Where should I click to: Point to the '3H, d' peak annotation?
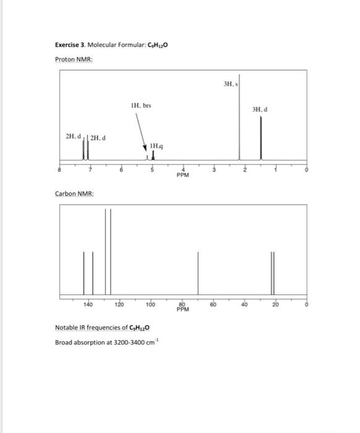pyautogui.click(x=260, y=109)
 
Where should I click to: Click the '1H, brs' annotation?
pyautogui.click(x=141, y=106)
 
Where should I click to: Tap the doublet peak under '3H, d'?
pyautogui.click(x=260, y=139)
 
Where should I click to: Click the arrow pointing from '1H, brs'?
pyautogui.click(x=144, y=134)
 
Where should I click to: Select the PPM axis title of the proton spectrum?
pyautogui.click(x=182, y=174)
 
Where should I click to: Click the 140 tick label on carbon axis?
pyautogui.click(x=88, y=304)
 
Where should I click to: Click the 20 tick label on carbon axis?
pyautogui.click(x=276, y=304)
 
